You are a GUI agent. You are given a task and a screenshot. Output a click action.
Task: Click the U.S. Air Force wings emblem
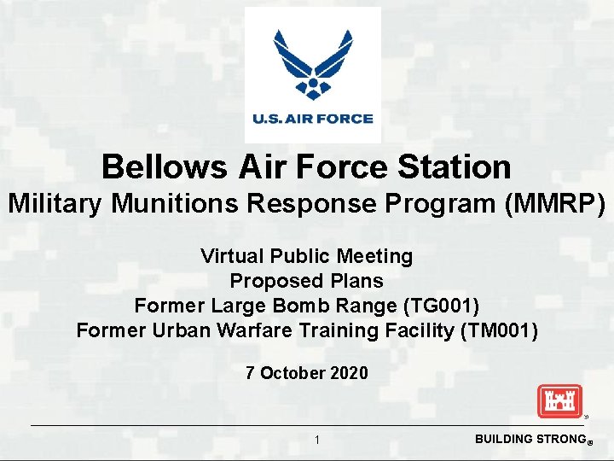pyautogui.click(x=312, y=65)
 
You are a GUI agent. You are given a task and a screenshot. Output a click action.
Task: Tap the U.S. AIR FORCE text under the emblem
pyautogui.click(x=312, y=119)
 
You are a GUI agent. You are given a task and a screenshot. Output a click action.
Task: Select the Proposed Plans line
pyautogui.click(x=306, y=281)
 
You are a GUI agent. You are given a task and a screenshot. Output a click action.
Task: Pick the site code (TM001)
pyautogui.click(x=498, y=330)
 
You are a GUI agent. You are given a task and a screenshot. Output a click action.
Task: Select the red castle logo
pyautogui.click(x=559, y=401)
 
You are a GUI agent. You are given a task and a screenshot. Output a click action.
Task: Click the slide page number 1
pyautogui.click(x=316, y=440)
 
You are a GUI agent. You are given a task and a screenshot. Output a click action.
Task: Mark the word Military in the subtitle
pyautogui.click(x=58, y=204)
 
